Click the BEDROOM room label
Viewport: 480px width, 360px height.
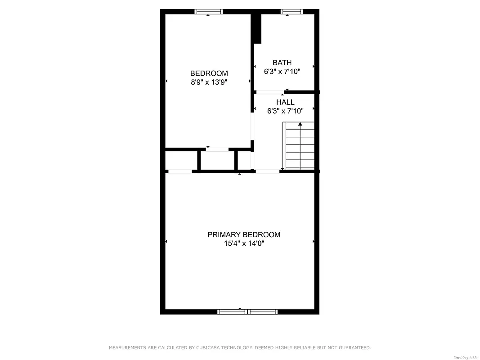tap(209, 73)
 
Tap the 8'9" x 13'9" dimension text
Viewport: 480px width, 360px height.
tap(209, 82)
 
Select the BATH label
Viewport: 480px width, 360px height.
tap(282, 63)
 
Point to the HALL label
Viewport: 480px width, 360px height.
tap(285, 102)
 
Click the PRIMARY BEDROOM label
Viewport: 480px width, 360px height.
tap(243, 234)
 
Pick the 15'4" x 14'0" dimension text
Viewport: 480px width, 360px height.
tap(244, 243)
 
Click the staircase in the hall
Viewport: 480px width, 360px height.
tap(300, 146)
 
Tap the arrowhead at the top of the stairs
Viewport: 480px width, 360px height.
tap(300, 124)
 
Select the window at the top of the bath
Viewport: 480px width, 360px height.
tap(292, 12)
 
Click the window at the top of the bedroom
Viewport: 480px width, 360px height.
tap(208, 12)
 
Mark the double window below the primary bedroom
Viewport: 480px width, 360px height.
tap(247, 311)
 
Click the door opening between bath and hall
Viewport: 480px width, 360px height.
tap(270, 92)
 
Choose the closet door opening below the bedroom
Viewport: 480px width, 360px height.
tap(217, 149)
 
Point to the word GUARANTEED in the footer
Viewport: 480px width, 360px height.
tap(354, 348)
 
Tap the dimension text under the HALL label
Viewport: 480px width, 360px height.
tap(285, 111)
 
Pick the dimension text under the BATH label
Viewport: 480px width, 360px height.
tap(282, 71)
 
